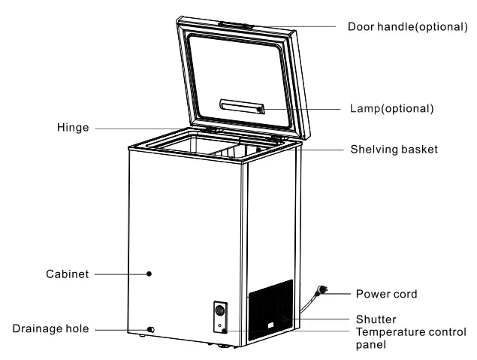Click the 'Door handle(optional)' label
406,26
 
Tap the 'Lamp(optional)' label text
392,108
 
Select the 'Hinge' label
74,129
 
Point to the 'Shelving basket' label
394,150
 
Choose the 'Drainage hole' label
50,329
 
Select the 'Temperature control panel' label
411,331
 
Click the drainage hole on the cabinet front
152,330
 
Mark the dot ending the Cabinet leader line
149,274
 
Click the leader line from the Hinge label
150,129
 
